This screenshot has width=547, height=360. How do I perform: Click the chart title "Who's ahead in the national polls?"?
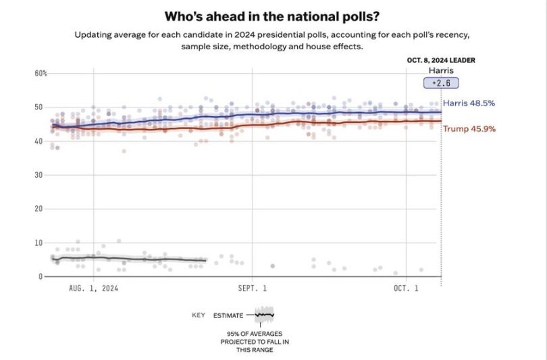[273, 16]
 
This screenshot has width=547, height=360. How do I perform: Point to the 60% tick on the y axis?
[41, 73]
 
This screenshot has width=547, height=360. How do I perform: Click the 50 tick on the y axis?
[39, 107]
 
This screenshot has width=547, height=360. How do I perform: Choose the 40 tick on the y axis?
[39, 141]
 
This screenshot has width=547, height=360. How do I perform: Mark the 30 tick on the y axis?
[39, 175]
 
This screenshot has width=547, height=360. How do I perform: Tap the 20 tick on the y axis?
[39, 209]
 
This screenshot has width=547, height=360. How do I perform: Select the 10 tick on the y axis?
[39, 242]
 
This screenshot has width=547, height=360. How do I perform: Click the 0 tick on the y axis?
[41, 276]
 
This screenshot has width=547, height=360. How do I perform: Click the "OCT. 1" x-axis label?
[406, 288]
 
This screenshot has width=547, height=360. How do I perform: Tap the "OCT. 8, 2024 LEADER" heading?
[440, 60]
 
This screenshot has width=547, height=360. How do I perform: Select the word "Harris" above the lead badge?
[441, 70]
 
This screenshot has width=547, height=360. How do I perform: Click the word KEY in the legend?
[198, 315]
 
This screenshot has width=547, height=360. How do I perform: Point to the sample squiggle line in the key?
[264, 315]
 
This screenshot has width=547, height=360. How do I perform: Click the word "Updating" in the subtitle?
[94, 34]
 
